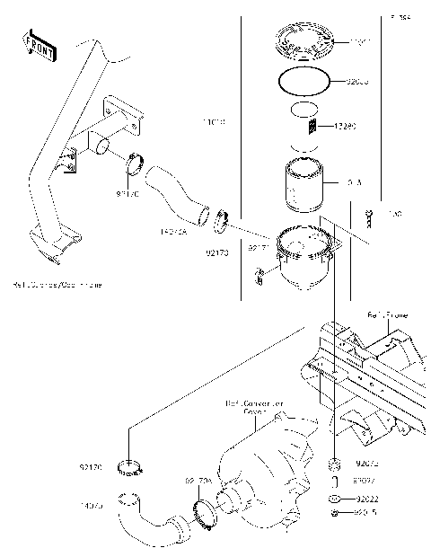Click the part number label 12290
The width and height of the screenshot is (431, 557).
pos(347,127)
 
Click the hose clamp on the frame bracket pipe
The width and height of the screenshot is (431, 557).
pos(137,164)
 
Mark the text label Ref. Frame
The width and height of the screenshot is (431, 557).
pos(387,314)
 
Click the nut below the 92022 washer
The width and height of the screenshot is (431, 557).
pos(334,512)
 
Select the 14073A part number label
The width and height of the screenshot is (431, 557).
pos(173,230)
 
